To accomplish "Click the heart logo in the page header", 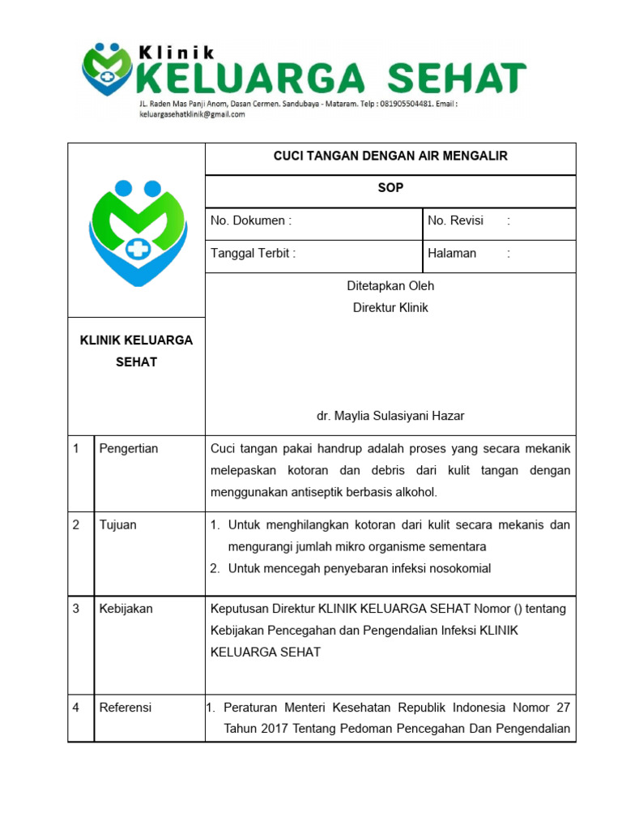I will point(107,70).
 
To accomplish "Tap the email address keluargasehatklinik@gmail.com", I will point(192,115).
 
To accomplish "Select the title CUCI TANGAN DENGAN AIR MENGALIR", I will point(390,156).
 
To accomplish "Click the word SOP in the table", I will point(390,188).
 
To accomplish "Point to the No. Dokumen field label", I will point(250,220).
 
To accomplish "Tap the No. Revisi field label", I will point(455,220).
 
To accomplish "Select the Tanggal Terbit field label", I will point(253,253).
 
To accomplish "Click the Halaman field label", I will point(452,253).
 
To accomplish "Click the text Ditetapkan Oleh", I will point(390,285).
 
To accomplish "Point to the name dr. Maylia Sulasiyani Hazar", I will point(390,416).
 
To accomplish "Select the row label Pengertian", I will point(129,448).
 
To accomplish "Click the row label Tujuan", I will point(118,524).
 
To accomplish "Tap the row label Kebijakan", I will point(126,608).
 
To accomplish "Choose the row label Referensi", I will point(126,707).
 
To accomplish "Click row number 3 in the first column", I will point(76,608).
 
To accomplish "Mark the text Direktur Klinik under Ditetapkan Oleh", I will point(390,308).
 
